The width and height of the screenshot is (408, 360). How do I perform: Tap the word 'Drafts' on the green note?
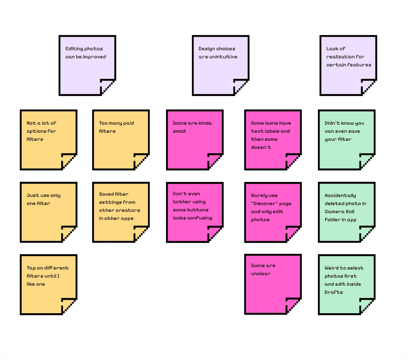(x=334, y=292)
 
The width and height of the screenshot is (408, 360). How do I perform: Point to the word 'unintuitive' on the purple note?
(x=223, y=57)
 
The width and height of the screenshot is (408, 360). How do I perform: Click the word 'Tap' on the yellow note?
(x=31, y=268)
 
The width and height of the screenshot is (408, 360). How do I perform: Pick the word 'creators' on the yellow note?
(x=128, y=210)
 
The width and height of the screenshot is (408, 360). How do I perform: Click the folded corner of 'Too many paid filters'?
(x=141, y=161)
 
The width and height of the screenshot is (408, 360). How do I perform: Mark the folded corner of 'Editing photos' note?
(x=108, y=87)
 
